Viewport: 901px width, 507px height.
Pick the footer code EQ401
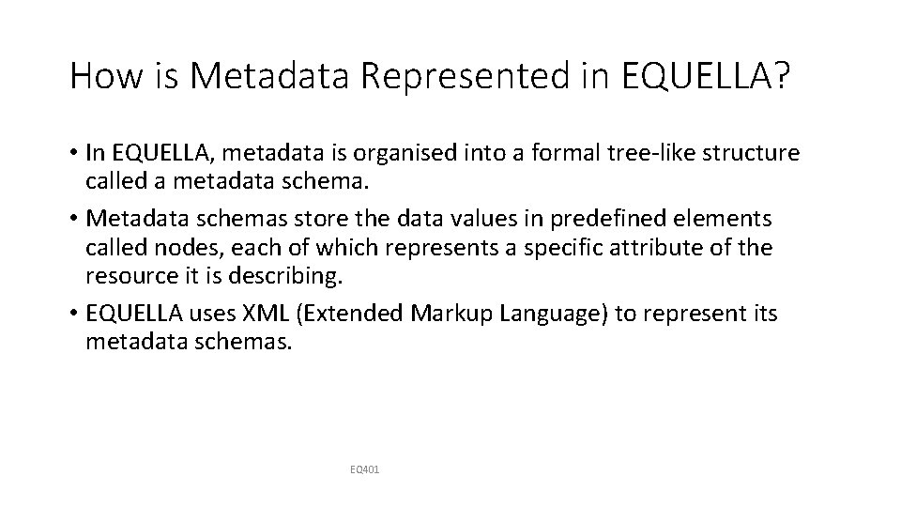click(364, 468)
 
